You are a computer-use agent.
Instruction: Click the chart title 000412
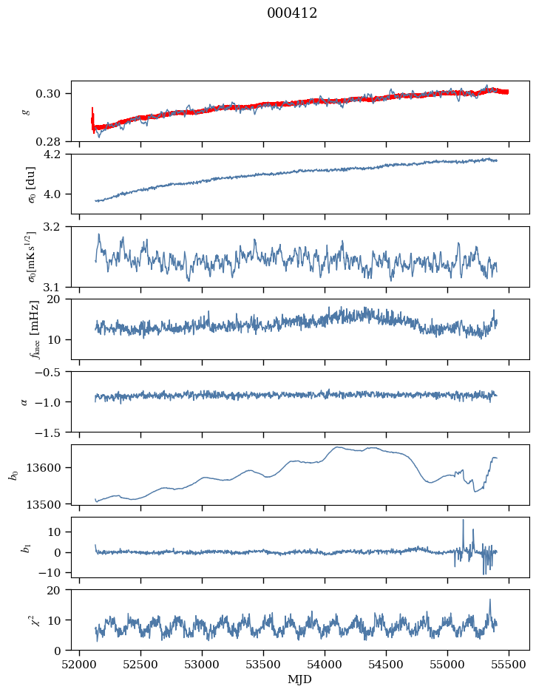tap(292, 13)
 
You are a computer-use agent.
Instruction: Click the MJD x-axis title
tap(299, 679)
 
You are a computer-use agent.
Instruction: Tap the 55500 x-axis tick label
tap(508, 665)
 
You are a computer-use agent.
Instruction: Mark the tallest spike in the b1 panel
tap(464, 520)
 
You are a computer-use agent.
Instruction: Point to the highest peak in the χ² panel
tap(489, 600)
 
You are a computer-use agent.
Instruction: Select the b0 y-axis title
tap(14, 474)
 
